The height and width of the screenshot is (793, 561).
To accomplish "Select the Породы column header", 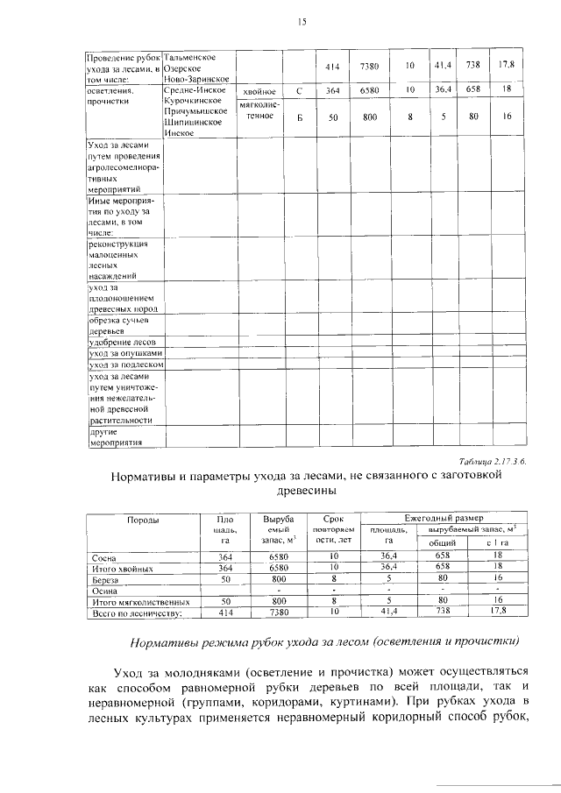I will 143,520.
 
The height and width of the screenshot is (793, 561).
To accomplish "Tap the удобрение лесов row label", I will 121,342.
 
